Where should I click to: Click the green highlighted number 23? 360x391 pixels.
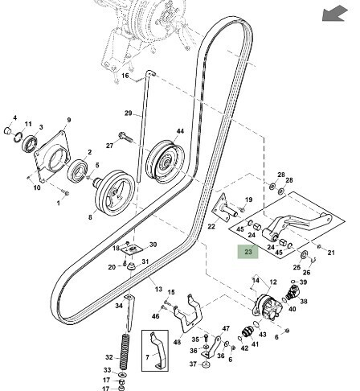coord(248,252)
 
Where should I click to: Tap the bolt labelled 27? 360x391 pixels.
coord(125,138)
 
